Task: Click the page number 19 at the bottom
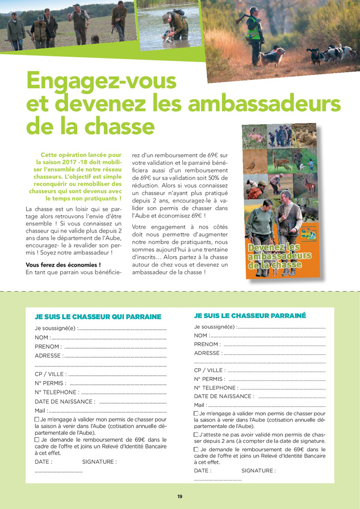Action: pos(180,497)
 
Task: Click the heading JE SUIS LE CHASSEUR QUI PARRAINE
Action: pos(98,317)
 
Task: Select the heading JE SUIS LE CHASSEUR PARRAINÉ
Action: pos(250,316)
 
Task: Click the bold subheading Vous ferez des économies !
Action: pos(63,265)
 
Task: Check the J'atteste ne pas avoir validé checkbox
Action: pos(197,435)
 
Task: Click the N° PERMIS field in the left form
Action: pos(117,383)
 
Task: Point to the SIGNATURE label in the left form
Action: pos(99,462)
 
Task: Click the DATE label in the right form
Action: pos(202,471)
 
